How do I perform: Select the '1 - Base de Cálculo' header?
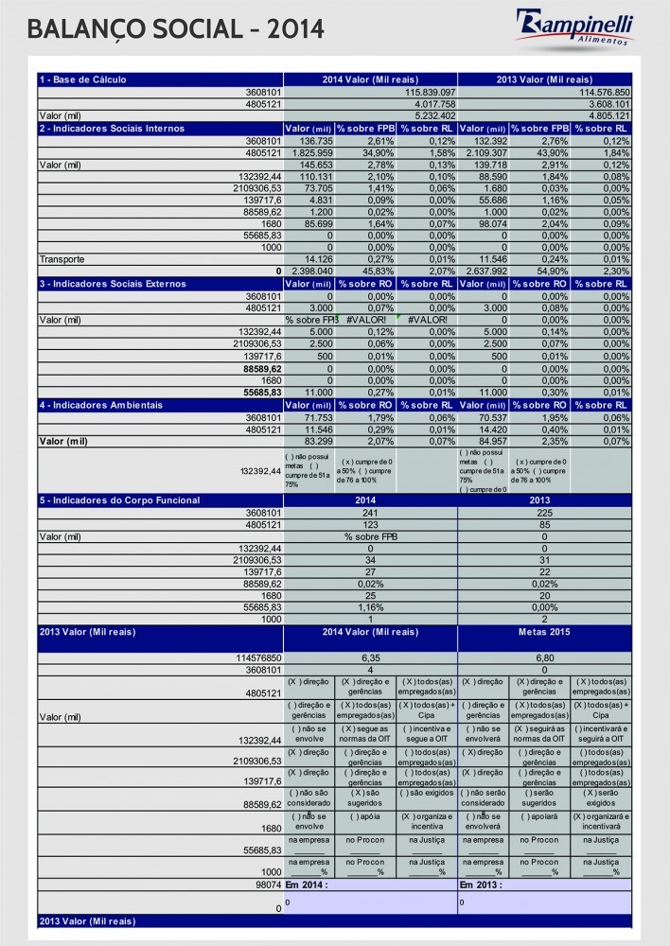click(83, 79)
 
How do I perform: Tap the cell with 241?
click(370, 512)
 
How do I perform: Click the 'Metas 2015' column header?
click(544, 631)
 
